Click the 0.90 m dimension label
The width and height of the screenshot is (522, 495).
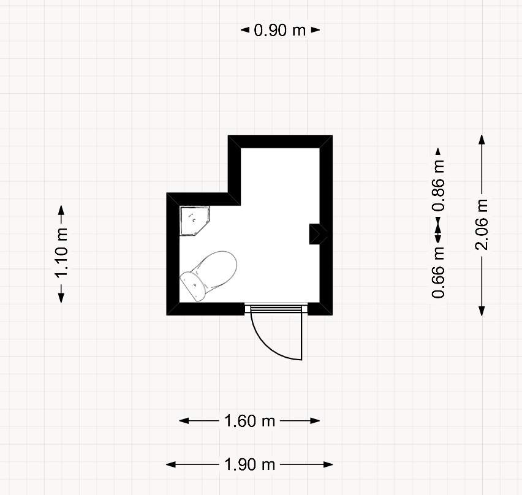click(279, 30)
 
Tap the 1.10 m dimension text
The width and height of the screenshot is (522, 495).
click(62, 254)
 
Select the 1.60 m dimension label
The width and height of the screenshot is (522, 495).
click(250, 421)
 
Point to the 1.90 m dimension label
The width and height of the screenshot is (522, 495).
click(250, 464)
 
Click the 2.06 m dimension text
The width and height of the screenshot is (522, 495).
click(482, 225)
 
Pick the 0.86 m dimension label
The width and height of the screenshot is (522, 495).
click(438, 186)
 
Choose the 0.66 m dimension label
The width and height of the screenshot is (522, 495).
click(438, 272)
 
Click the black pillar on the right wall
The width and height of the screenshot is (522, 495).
click(315, 234)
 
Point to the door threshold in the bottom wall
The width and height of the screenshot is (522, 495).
click(276, 309)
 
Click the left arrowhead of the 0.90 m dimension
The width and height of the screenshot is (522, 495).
click(244, 30)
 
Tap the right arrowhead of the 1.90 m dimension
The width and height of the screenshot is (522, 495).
click(328, 464)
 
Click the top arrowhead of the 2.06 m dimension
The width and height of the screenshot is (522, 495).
click(482, 140)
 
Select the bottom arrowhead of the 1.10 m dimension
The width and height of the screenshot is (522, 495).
click(61, 298)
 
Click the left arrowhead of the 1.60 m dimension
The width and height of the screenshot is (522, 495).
click(184, 421)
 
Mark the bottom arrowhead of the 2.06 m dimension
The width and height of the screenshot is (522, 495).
click(482, 311)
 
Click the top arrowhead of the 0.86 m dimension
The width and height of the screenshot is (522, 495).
click(438, 152)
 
